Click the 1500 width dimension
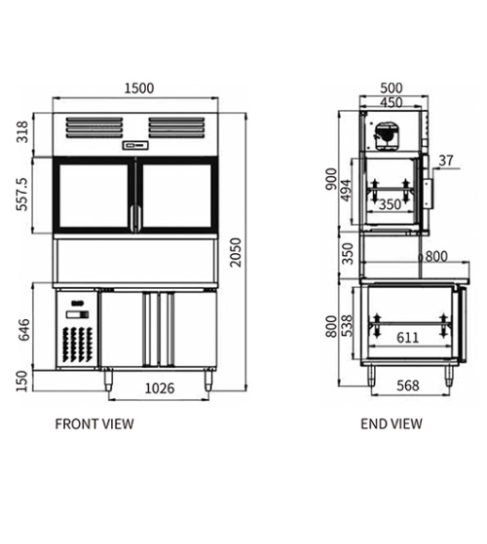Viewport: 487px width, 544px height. [x=139, y=89]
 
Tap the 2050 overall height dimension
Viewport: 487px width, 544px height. [x=236, y=252]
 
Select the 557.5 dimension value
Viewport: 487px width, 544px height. [x=21, y=194]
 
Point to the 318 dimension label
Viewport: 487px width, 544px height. [x=22, y=131]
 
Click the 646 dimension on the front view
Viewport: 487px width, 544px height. [x=24, y=330]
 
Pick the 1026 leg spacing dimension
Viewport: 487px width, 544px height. [x=160, y=388]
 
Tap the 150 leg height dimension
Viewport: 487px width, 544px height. [x=21, y=381]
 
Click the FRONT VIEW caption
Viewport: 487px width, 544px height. [x=94, y=424]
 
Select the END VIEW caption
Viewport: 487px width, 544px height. [x=392, y=424]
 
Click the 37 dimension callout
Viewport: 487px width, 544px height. [x=446, y=161]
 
